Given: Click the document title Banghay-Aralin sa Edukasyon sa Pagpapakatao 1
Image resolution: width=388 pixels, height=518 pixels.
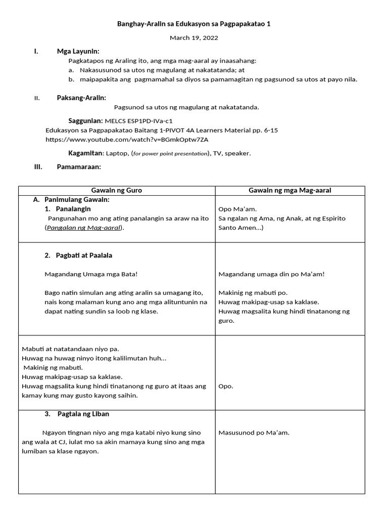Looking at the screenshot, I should pyautogui.click(x=194, y=24).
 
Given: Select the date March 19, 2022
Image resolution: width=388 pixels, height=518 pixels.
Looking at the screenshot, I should pyautogui.click(x=194, y=37).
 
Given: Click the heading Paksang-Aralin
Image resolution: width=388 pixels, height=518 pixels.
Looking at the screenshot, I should pyautogui.click(x=81, y=98).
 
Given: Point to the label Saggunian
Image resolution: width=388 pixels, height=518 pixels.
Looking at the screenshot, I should pyautogui.click(x=85, y=121).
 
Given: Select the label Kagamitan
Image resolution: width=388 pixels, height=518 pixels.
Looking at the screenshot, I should pyautogui.click(x=85, y=153).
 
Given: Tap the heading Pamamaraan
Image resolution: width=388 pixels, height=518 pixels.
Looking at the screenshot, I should pyautogui.click(x=79, y=167).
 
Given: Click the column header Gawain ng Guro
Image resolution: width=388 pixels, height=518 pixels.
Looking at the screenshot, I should pyautogui.click(x=117, y=190).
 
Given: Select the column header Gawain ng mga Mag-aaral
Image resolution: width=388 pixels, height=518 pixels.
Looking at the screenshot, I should pyautogui.click(x=290, y=190).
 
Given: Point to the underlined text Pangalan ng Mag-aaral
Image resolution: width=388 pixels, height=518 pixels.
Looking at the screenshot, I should pyautogui.click(x=84, y=228).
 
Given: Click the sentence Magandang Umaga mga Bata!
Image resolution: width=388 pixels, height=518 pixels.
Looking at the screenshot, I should pyautogui.click(x=91, y=274).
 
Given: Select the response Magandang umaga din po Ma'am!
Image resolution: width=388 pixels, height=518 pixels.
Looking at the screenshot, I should pyautogui.click(x=271, y=274).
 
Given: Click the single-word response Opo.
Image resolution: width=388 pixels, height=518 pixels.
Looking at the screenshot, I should pyautogui.click(x=226, y=386).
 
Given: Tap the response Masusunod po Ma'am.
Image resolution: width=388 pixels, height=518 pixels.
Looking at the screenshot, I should pyautogui.click(x=254, y=433).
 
